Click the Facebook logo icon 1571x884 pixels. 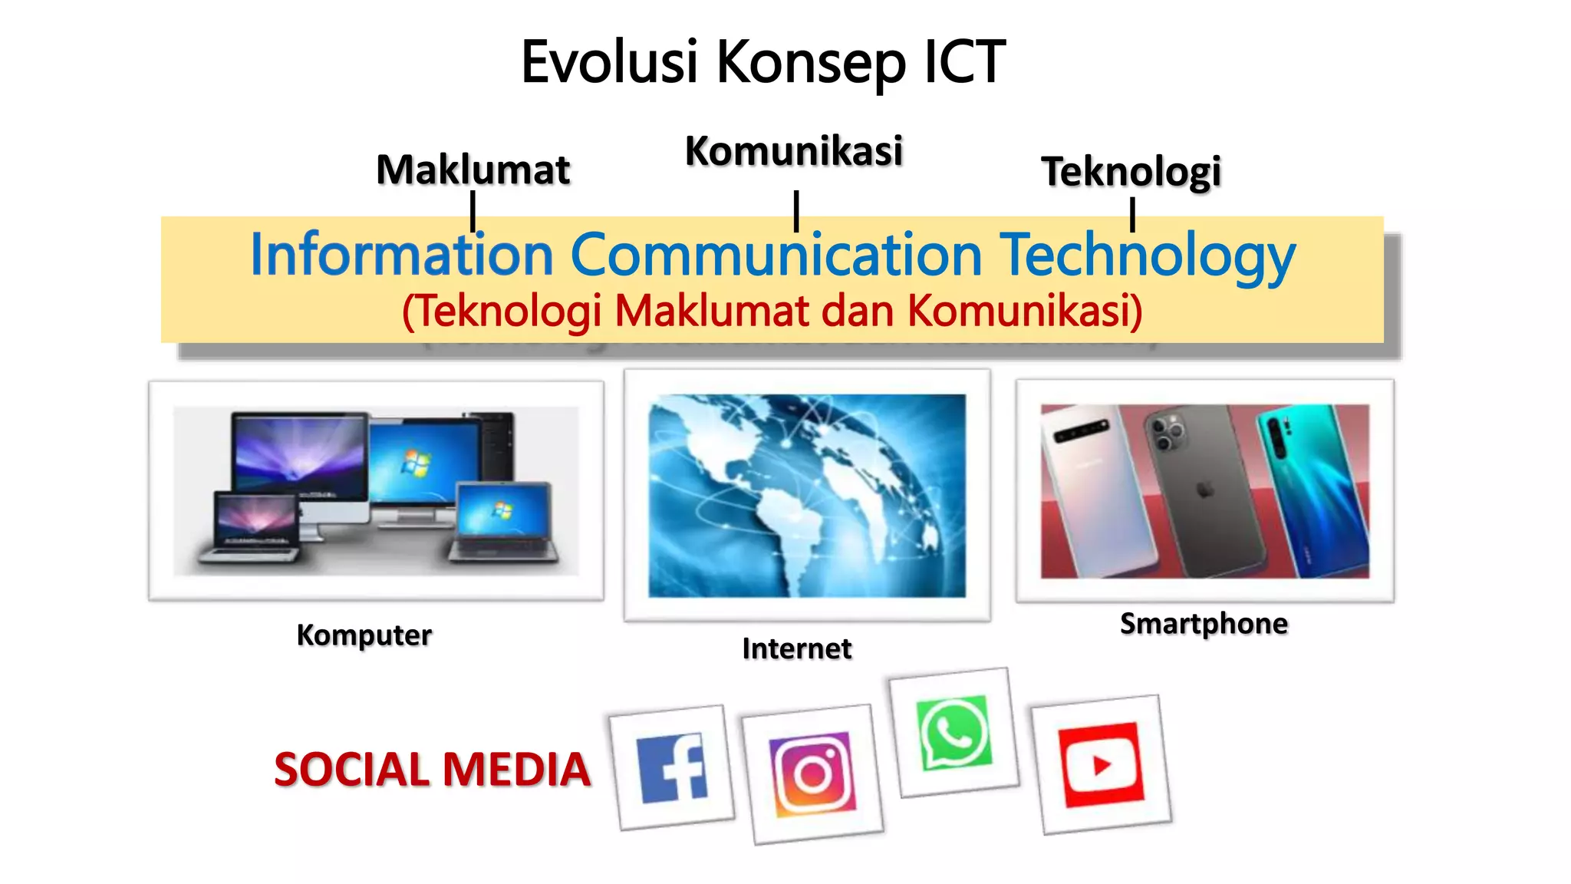(x=672, y=768)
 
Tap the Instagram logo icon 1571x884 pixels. (x=813, y=773)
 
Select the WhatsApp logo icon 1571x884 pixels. (x=954, y=732)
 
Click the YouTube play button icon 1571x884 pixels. (x=1101, y=764)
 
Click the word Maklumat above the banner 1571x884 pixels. (x=473, y=170)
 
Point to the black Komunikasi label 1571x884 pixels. (x=794, y=150)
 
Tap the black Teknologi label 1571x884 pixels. (x=1131, y=171)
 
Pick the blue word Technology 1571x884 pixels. (x=1148, y=256)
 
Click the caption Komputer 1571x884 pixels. (x=364, y=635)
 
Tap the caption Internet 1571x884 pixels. (x=797, y=649)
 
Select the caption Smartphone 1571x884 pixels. (x=1204, y=624)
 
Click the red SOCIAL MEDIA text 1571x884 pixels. (x=432, y=770)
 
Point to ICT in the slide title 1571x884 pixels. (x=964, y=61)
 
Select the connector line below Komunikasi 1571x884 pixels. (x=796, y=211)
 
